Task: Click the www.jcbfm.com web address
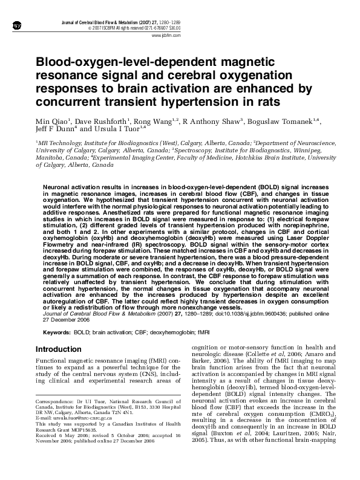[x=168, y=35]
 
